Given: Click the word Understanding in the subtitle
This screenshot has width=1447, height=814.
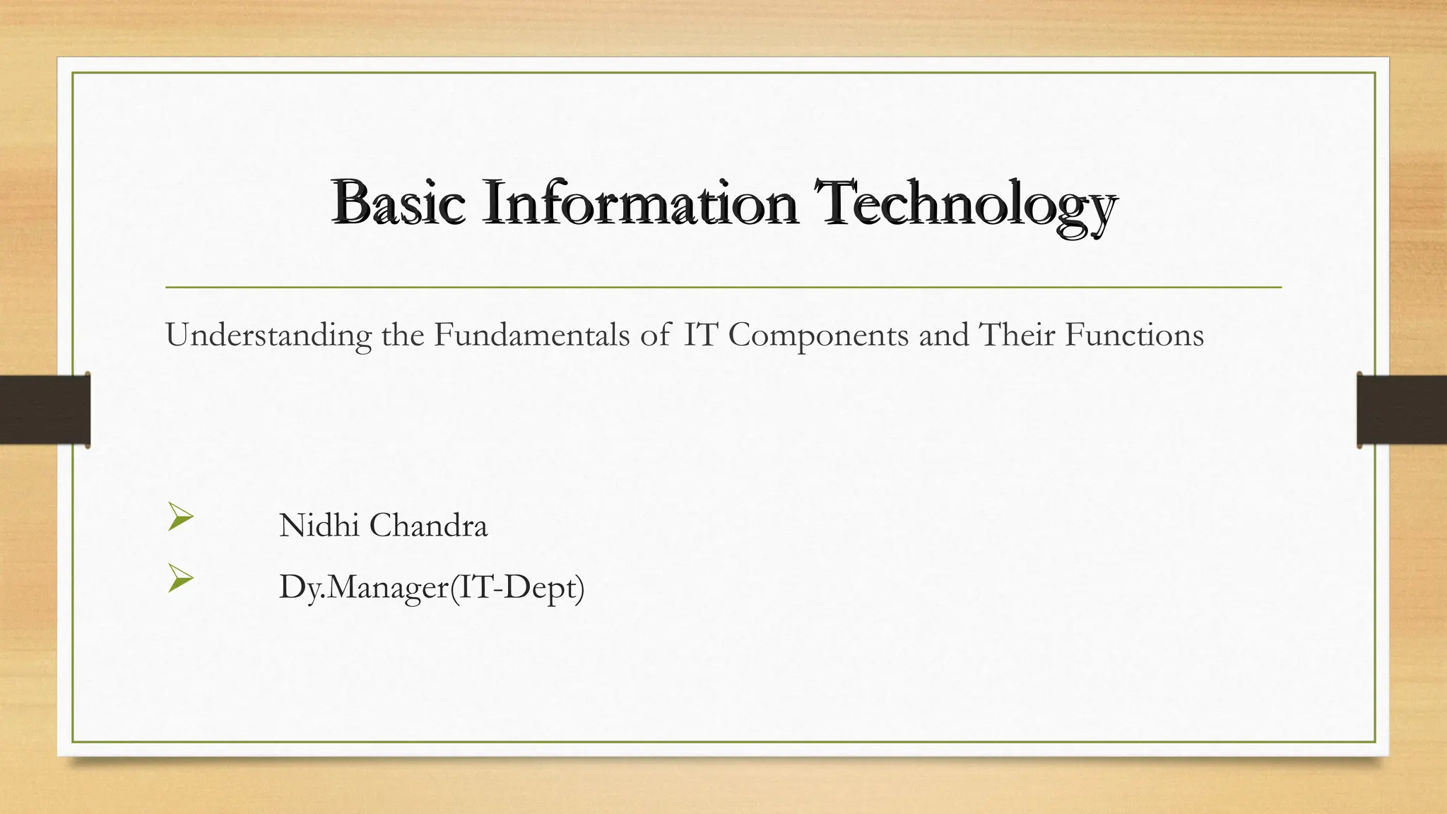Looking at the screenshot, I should [268, 335].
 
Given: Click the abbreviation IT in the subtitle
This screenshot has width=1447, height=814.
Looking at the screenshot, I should [700, 334].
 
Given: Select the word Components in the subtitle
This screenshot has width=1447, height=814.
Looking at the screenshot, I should [818, 335].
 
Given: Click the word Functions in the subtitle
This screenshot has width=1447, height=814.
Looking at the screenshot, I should [1134, 334].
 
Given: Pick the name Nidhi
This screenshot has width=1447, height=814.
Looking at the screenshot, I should [319, 526].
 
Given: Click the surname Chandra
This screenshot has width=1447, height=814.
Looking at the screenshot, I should [428, 526].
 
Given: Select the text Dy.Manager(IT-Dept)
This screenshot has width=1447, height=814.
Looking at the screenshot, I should [432, 587].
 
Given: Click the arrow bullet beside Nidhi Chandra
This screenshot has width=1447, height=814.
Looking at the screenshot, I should [180, 517].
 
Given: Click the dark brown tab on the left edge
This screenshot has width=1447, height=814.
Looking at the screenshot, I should [45, 410].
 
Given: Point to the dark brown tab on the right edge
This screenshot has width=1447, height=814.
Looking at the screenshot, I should [1402, 410].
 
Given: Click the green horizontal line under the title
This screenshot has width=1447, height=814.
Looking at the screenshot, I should [723, 288].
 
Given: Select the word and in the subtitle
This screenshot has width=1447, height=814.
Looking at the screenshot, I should [943, 334].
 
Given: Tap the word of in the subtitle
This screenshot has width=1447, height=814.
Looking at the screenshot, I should [655, 334].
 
